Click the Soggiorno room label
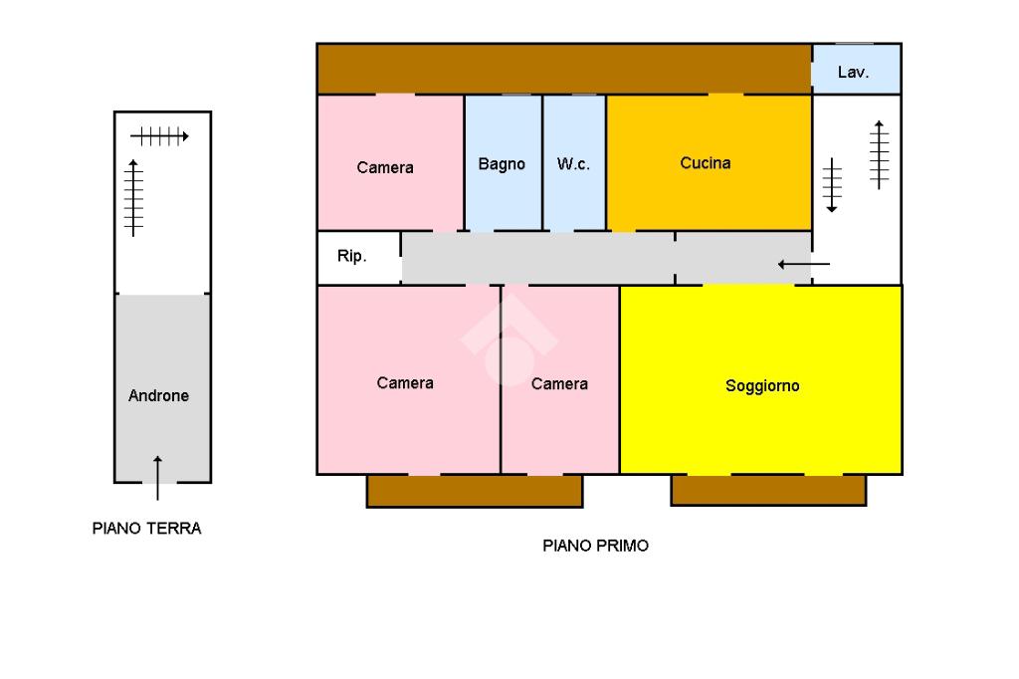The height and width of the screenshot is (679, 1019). point(762,386)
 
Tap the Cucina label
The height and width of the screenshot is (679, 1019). point(706,163)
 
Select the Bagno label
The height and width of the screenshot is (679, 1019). point(502,164)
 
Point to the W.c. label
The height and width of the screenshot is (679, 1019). point(573,164)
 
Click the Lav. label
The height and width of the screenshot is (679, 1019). point(853,73)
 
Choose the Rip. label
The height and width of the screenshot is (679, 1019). point(351,257)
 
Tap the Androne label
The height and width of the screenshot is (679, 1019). point(158,396)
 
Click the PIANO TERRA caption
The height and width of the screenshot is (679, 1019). point(146,529)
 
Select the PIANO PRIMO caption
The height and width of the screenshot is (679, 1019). point(595,546)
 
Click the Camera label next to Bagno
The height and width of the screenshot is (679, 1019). point(385,168)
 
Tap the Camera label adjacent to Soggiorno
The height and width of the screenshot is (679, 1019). point(559,384)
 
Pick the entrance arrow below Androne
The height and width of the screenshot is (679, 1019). point(157,477)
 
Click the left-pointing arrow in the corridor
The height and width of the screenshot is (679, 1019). point(803,264)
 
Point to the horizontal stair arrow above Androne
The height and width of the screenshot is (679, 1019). point(159,136)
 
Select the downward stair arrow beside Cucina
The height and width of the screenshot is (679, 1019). point(833,185)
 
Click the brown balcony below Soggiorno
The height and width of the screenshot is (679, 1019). point(767,490)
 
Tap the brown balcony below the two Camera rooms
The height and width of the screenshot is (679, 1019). point(474,491)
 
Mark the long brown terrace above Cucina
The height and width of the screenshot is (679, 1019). point(563,69)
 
